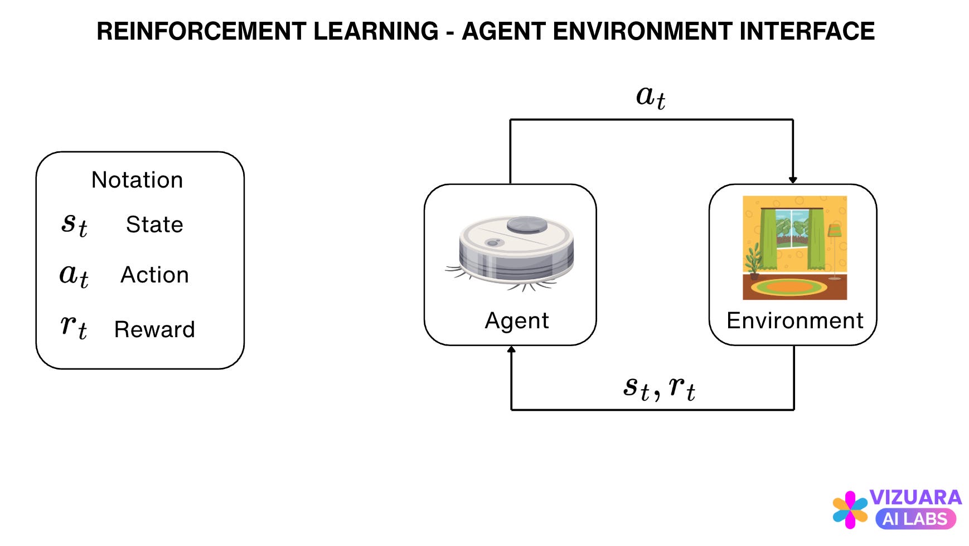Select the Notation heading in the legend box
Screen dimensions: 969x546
tap(137, 180)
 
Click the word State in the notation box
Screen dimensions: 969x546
tap(154, 224)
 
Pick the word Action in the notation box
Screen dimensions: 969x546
tap(155, 275)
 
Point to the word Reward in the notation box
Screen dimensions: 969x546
tap(154, 329)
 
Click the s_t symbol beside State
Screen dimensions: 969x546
tap(74, 225)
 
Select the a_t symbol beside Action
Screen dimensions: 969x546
tap(74, 275)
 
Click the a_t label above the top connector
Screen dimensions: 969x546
tap(651, 97)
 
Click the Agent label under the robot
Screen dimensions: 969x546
tap(517, 320)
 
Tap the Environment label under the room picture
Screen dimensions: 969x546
tap(795, 320)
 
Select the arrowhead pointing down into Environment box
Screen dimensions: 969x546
tap(793, 180)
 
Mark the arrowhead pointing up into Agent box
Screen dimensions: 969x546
tap(511, 350)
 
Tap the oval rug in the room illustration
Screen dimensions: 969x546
tap(789, 288)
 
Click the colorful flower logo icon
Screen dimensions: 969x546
tap(850, 510)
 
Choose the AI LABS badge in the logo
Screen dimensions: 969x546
tap(915, 519)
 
